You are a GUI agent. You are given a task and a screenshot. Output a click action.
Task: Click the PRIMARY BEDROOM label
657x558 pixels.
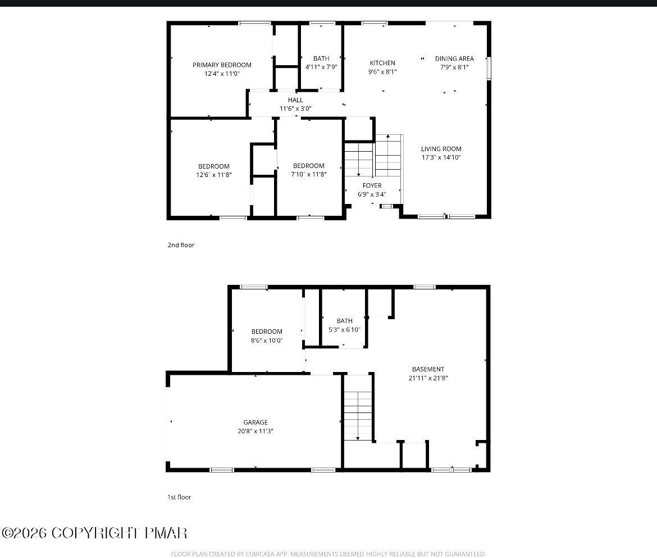(x=222, y=65)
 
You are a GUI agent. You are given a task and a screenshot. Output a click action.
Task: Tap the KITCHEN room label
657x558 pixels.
(x=382, y=63)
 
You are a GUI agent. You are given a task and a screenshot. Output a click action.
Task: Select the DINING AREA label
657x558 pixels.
(x=454, y=58)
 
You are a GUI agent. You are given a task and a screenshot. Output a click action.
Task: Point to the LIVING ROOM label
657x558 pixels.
(x=441, y=149)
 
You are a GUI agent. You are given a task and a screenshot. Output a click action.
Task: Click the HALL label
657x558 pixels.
(x=295, y=100)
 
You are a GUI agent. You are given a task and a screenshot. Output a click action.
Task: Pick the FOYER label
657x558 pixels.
(x=372, y=185)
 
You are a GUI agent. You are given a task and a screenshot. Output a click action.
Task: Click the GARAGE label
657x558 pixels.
(x=255, y=422)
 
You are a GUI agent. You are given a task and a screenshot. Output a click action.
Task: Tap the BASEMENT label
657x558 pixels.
(x=428, y=369)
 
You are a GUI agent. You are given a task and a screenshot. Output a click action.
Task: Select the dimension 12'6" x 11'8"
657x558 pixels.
(x=214, y=175)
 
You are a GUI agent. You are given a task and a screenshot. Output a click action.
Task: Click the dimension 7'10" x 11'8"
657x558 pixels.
(x=309, y=174)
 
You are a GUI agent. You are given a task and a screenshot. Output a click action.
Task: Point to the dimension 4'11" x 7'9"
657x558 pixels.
(x=321, y=67)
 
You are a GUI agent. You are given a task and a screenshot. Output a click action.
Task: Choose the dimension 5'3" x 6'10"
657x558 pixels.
(x=344, y=329)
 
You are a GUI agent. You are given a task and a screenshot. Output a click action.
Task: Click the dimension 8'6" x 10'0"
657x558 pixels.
(x=267, y=341)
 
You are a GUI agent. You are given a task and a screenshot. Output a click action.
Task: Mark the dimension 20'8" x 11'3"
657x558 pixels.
(x=255, y=431)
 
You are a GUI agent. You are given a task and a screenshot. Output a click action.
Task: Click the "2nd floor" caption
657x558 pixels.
(x=181, y=245)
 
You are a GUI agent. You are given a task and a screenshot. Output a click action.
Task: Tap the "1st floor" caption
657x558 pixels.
(x=179, y=497)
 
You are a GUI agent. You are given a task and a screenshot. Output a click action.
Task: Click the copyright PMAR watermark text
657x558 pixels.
(x=95, y=533)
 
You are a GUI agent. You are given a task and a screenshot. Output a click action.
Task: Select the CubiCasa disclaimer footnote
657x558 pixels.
(x=328, y=554)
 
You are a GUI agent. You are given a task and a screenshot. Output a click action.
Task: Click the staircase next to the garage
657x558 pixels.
(x=358, y=416)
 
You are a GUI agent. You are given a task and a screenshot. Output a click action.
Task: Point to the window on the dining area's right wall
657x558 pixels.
(x=489, y=68)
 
